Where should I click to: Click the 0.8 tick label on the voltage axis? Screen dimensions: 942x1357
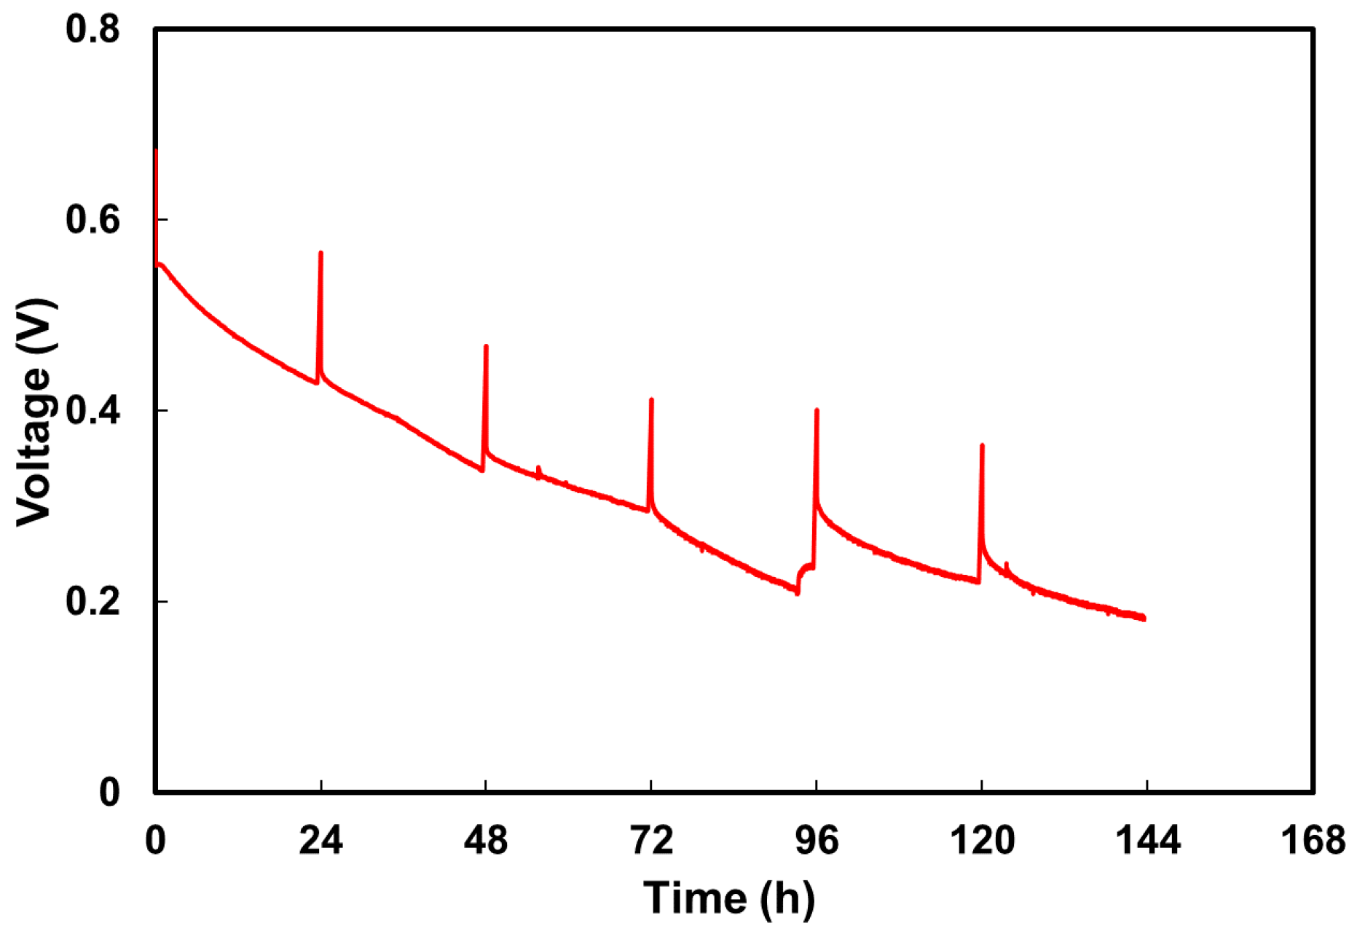93,30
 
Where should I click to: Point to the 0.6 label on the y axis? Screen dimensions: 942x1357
93,220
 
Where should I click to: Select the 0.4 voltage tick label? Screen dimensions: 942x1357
93,411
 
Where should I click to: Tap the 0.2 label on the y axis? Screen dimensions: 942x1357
93,602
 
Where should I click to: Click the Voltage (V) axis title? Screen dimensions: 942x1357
35,411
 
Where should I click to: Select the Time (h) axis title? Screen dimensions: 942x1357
729,898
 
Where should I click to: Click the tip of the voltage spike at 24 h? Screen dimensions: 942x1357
321,253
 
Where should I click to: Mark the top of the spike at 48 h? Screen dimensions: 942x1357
486,346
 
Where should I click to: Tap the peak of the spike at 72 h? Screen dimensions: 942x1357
651,399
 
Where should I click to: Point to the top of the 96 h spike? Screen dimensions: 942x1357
817,410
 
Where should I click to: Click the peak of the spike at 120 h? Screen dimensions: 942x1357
982,445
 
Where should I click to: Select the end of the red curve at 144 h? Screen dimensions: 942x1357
1144,619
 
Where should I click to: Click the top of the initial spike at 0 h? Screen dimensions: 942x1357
157,150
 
